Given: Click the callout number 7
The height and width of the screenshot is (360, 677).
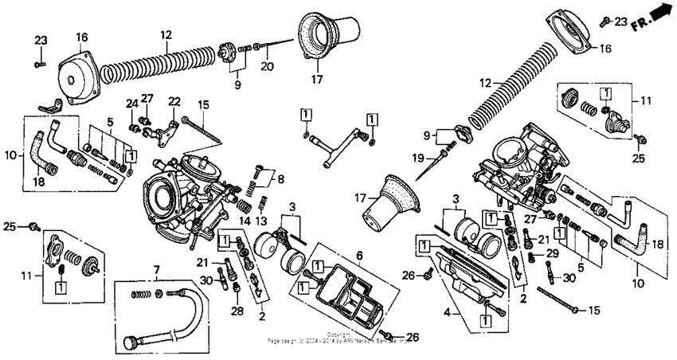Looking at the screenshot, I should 156,271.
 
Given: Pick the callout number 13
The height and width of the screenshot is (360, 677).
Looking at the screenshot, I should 261,221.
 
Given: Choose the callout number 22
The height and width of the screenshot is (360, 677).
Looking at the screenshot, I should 174,101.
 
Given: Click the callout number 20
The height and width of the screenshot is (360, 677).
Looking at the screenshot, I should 268,66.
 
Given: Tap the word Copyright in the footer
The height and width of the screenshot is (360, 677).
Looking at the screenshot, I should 340,335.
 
